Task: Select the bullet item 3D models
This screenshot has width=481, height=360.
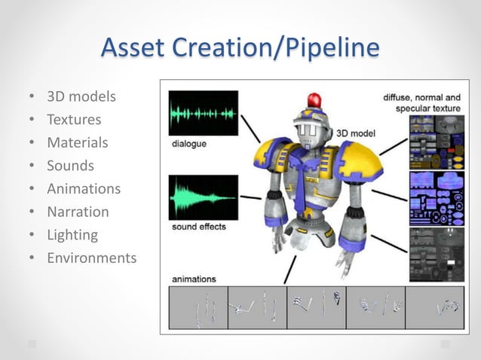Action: [81, 96]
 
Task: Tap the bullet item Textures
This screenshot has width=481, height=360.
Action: [74, 119]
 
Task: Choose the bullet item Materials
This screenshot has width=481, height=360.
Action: [78, 142]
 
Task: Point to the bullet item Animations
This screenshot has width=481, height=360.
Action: [84, 189]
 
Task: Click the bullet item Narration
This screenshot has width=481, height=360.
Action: [78, 212]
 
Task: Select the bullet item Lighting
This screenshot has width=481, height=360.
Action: [72, 235]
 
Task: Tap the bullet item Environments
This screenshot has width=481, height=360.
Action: [91, 258]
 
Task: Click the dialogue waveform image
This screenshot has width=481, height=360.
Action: [203, 113]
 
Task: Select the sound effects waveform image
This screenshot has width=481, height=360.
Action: [203, 197]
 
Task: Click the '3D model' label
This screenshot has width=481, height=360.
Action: [355, 130]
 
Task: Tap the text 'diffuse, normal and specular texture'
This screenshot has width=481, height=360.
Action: [421, 103]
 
